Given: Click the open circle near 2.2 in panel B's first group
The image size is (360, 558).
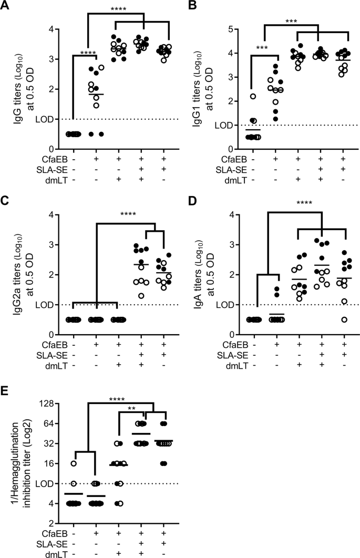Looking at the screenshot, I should [253, 96].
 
